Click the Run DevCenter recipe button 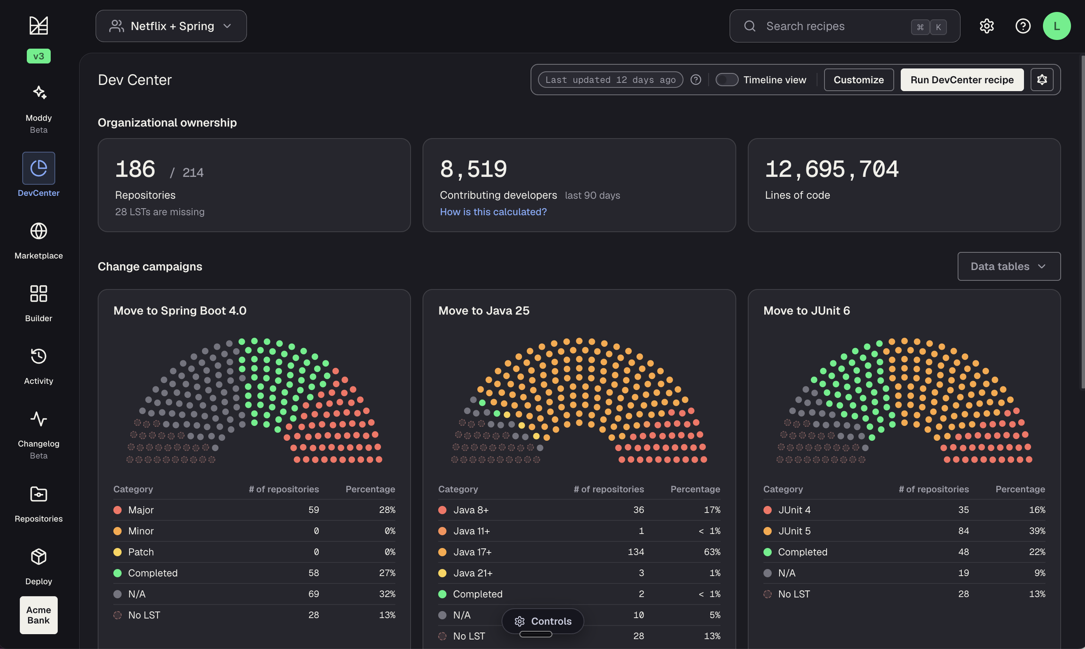pyautogui.click(x=962, y=79)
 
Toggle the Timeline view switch pyautogui.click(x=727, y=79)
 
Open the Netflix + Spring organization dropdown pyautogui.click(x=171, y=26)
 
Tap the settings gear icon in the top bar pyautogui.click(x=986, y=26)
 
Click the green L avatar pyautogui.click(x=1057, y=26)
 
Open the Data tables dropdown pyautogui.click(x=1009, y=266)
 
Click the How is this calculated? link pyautogui.click(x=493, y=212)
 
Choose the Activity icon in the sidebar pyautogui.click(x=39, y=356)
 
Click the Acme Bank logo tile pyautogui.click(x=39, y=615)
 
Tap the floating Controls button pyautogui.click(x=542, y=621)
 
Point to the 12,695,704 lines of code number pyautogui.click(x=832, y=169)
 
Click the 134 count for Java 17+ pyautogui.click(x=636, y=552)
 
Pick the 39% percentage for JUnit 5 pyautogui.click(x=1037, y=531)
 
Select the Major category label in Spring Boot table pyautogui.click(x=141, y=510)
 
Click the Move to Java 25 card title pyautogui.click(x=484, y=310)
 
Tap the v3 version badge pyautogui.click(x=39, y=56)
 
